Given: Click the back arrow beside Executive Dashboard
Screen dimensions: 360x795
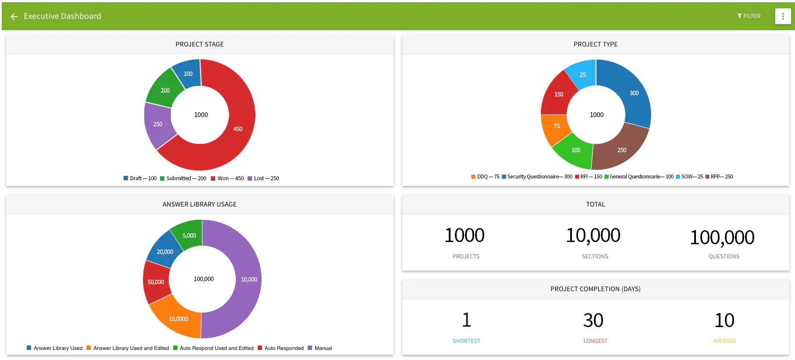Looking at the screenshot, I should (14, 17).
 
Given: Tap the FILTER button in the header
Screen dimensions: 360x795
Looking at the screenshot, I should (749, 16).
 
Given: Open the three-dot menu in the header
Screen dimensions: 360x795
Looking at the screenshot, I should (783, 16).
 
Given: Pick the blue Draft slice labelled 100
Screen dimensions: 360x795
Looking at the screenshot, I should (188, 74).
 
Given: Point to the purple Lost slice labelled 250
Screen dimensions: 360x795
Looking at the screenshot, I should (158, 125).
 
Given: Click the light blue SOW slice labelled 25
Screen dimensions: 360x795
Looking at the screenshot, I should (582, 75).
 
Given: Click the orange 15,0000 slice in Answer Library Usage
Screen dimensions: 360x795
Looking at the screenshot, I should (178, 318).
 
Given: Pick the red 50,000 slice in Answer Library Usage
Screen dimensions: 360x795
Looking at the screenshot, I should (156, 282).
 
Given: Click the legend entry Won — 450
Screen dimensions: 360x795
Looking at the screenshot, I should (227, 178).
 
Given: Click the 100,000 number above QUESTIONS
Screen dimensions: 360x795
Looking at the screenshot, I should (722, 238).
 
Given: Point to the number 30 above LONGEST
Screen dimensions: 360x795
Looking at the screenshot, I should (593, 321).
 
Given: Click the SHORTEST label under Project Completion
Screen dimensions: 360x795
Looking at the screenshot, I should (466, 341).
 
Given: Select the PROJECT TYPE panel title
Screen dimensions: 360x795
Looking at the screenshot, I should (596, 44).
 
